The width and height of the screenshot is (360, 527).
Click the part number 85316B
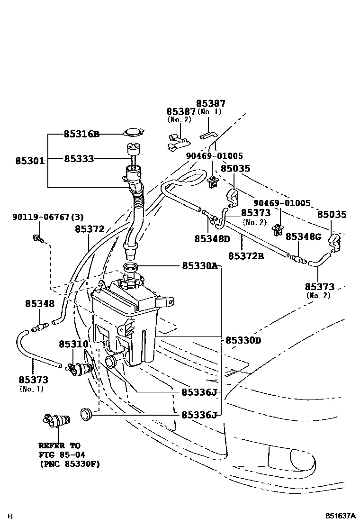(81, 134)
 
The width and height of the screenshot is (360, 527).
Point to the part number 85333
(79, 158)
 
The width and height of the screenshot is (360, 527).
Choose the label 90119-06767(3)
(48, 217)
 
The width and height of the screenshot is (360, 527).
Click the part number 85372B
(246, 255)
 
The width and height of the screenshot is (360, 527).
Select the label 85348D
(211, 239)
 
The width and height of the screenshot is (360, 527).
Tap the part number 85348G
(303, 236)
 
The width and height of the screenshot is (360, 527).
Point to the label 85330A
(199, 266)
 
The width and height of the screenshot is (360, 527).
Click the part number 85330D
(243, 340)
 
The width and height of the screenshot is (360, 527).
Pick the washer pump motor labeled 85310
(79, 368)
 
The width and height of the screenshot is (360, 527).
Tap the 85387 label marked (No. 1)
(211, 103)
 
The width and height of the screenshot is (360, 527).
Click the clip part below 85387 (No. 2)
(178, 141)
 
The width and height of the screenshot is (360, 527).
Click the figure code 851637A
(340, 515)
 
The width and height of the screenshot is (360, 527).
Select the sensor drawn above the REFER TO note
(55, 419)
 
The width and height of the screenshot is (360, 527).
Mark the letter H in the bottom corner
(10, 516)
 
